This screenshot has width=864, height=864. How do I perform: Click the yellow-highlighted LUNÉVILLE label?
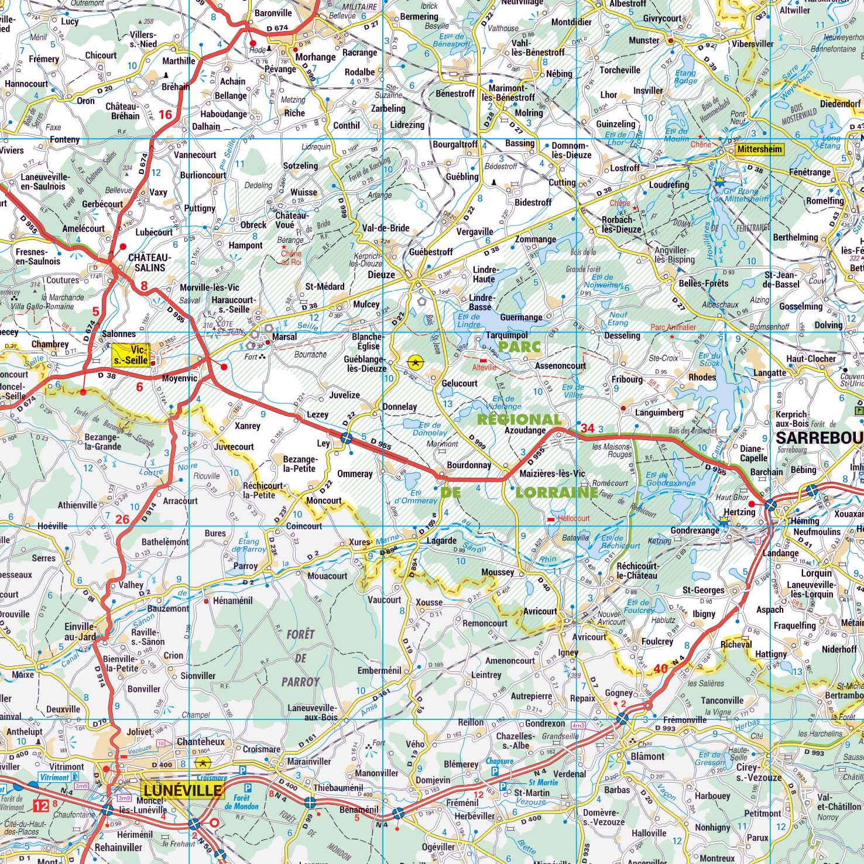click(x=182, y=790)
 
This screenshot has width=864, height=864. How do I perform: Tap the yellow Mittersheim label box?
click(x=759, y=149)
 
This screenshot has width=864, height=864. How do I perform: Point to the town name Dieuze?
click(x=381, y=275)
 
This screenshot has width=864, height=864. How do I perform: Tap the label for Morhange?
click(x=316, y=57)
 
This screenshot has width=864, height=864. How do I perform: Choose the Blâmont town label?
click(x=647, y=756)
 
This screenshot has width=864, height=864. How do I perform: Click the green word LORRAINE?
click(x=556, y=493)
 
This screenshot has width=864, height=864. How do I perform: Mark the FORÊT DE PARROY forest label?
click(x=301, y=657)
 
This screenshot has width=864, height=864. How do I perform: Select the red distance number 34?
click(x=587, y=428)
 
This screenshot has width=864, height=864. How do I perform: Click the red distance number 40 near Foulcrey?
click(x=660, y=668)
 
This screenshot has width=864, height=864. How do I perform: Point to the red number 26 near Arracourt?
click(x=122, y=519)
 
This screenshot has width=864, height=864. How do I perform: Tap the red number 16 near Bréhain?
click(x=166, y=114)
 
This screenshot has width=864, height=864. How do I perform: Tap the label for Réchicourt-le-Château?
click(x=637, y=571)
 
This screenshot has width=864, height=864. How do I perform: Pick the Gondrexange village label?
click(x=695, y=530)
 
